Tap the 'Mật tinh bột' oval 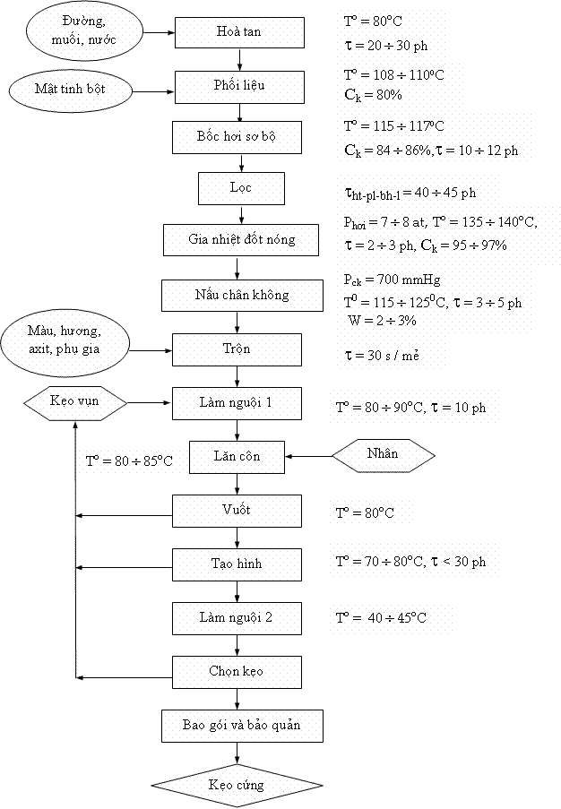[x=71, y=89]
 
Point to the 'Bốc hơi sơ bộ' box [x=237, y=138]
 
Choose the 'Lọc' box [x=240, y=188]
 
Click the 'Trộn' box [x=237, y=349]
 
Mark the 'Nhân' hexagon [x=384, y=454]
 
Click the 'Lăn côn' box [x=237, y=456]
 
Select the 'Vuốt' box [x=237, y=511]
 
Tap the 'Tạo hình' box [x=237, y=564]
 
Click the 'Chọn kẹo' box [x=237, y=670]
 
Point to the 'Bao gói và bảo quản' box [x=242, y=726]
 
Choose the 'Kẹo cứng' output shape [x=237, y=786]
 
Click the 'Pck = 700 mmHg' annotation [x=392, y=279]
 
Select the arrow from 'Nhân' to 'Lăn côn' [x=308, y=456]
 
